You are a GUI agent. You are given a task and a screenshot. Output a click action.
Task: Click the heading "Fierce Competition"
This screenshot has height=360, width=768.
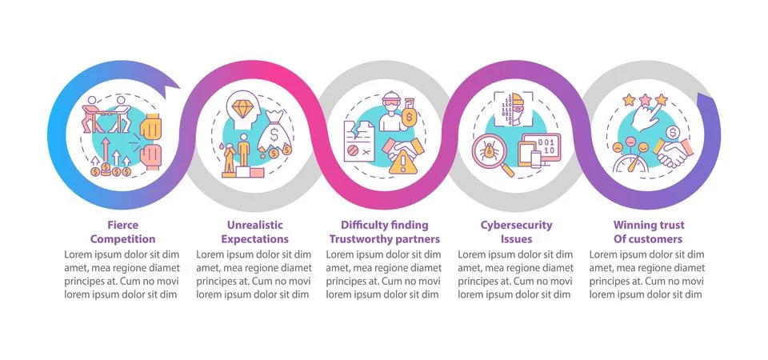coord(122,232)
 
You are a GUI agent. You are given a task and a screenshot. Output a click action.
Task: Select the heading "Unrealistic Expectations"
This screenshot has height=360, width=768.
coord(254,232)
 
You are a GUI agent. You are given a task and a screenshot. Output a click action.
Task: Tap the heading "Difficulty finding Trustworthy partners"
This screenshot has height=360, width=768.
coord(385,232)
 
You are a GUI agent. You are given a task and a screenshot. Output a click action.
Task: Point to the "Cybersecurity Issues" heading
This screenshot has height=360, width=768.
coord(516,232)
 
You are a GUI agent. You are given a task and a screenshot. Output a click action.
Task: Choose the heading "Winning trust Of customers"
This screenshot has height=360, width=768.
coord(649,232)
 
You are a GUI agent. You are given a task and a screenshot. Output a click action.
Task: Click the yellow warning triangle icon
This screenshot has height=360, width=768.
coord(403,162)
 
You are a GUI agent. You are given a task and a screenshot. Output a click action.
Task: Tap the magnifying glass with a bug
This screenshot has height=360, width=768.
coord(492,155)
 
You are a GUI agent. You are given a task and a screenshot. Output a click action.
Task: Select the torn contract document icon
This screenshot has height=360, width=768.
coord(359,141)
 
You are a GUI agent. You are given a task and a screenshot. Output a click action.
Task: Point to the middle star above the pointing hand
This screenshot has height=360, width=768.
coord(645,100)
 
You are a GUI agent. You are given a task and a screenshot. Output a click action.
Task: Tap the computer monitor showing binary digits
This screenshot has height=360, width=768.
coord(542,148)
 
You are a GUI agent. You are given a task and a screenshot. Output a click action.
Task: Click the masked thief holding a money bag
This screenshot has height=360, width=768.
coord(398,113)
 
